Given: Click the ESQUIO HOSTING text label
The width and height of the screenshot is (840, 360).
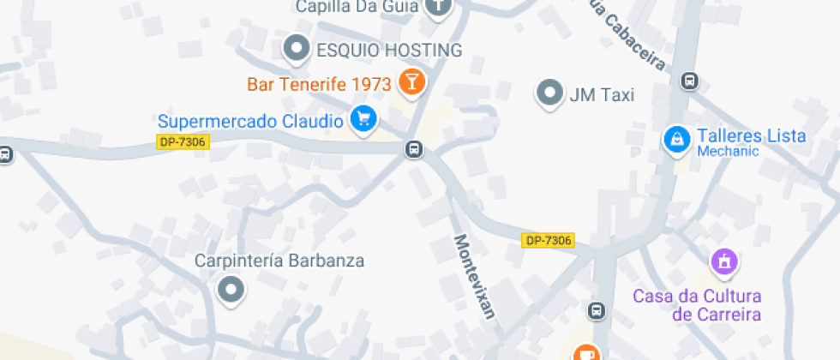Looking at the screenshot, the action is (389, 50).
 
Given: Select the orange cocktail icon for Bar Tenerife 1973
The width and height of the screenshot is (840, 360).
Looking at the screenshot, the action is (411, 82).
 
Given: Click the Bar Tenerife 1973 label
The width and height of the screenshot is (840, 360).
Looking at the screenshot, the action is (319, 84).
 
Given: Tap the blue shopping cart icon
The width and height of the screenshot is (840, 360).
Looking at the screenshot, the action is (364, 119).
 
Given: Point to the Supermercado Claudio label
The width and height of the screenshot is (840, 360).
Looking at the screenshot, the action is (250, 121).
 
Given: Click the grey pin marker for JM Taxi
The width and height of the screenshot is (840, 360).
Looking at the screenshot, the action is (549, 93).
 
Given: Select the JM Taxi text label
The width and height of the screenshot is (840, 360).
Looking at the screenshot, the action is (602, 95).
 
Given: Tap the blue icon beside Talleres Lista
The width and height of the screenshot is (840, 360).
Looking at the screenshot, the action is (677, 139).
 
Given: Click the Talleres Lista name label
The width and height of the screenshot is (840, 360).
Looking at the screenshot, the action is (751, 135).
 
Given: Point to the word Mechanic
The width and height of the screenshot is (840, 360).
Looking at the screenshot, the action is (728, 152).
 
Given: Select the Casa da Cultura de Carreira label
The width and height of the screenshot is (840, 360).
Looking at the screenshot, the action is (696, 305).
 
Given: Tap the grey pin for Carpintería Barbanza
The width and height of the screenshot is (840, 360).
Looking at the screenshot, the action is (231, 290).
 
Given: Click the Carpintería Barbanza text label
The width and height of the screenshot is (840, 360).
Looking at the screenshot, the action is (279, 261).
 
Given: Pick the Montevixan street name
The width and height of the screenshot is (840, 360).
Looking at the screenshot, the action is (474, 276).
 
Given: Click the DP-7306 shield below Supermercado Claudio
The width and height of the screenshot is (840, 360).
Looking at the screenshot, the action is (183, 141).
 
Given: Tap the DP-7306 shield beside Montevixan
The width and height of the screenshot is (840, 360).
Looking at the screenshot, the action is (548, 241).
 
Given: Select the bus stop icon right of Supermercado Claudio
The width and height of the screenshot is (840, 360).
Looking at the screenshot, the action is (414, 150).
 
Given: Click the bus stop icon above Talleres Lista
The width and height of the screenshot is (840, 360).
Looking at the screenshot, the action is (688, 81).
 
